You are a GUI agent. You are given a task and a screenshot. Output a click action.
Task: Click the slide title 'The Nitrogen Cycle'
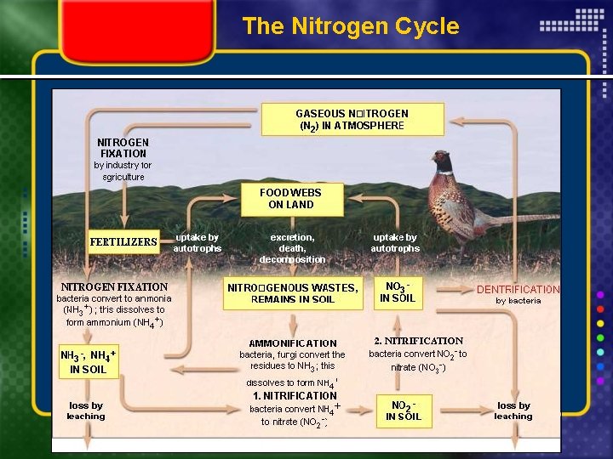point(350,25)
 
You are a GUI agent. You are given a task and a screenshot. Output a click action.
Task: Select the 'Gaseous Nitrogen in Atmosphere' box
point(352,119)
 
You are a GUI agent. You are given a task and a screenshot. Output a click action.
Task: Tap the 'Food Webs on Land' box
point(291,199)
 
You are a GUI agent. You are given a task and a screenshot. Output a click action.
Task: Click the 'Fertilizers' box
point(123,241)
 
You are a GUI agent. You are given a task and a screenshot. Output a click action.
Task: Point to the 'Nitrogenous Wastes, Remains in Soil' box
point(293,293)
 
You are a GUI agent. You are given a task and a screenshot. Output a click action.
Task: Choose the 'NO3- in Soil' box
point(398,292)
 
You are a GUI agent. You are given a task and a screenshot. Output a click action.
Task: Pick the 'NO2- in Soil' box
point(404,411)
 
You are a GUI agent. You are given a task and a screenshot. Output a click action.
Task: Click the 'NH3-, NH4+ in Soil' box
point(88,362)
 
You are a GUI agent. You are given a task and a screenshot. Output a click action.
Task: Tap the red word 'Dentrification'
point(518,289)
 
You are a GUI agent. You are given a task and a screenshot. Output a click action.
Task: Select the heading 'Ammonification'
point(293,343)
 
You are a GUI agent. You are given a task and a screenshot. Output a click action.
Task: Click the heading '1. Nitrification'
point(295,395)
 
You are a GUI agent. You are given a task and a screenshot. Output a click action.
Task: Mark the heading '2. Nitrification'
point(418,341)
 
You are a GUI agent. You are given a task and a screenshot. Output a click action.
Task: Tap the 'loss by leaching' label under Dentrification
point(513,411)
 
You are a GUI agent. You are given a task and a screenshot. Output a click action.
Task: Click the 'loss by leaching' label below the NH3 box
point(86,411)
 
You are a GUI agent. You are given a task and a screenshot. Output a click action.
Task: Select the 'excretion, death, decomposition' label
point(292,247)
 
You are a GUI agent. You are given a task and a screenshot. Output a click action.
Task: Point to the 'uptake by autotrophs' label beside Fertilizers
point(197,242)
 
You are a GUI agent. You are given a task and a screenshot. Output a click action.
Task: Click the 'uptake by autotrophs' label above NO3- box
point(394,242)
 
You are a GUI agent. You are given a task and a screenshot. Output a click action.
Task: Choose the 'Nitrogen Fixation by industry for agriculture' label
point(123,159)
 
